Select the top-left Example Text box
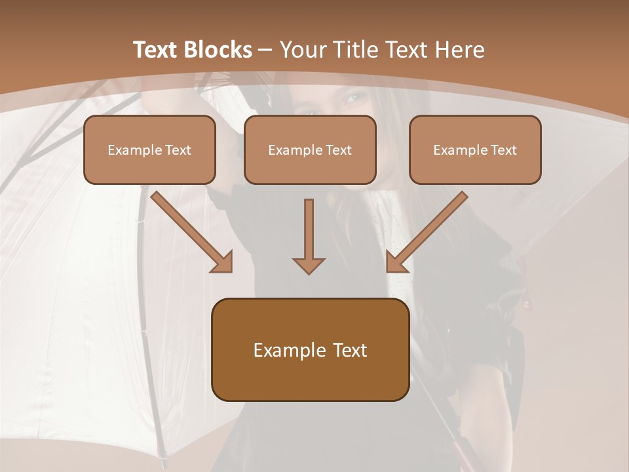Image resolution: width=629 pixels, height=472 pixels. (149, 150)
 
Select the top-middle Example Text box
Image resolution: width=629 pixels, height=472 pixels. (310, 150)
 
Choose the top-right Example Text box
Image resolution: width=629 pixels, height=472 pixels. (475, 150)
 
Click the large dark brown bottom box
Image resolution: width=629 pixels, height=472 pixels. (311, 349)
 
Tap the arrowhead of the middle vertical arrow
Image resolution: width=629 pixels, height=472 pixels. (309, 265)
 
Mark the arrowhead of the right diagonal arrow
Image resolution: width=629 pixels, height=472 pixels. (396, 262)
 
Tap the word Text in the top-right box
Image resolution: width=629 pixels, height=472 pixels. (503, 150)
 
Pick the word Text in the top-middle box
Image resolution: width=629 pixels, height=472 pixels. (338, 150)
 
